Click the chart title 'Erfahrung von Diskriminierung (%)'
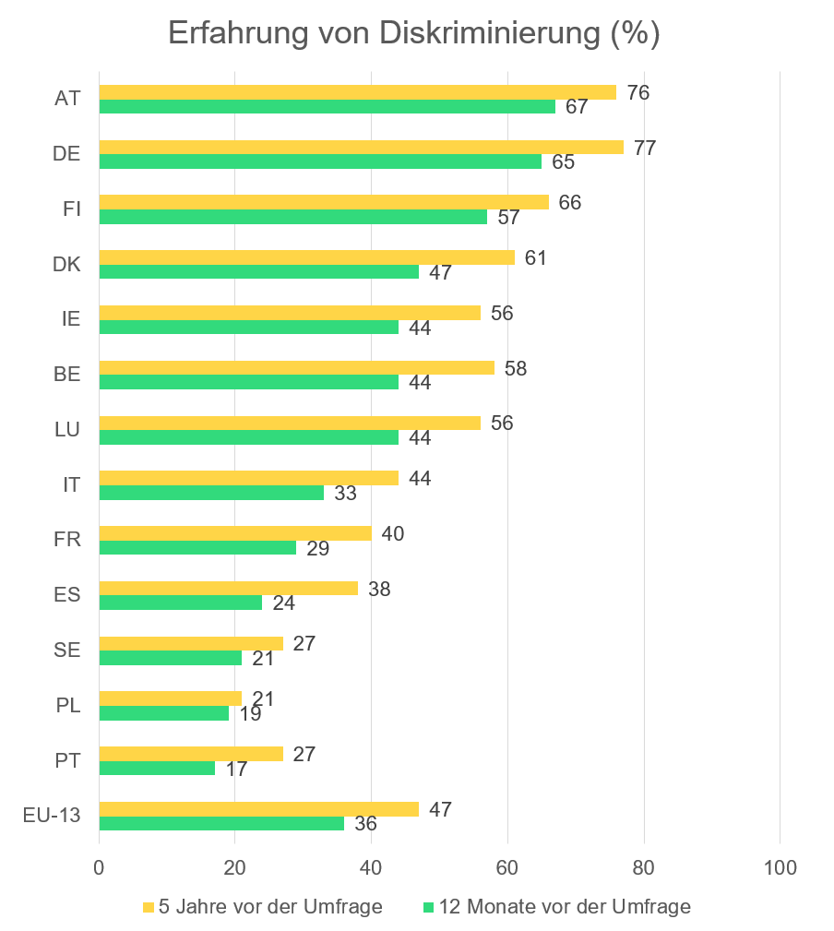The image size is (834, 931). (x=413, y=34)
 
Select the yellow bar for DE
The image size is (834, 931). (x=361, y=147)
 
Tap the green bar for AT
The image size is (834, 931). (x=327, y=106)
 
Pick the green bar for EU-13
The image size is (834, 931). (x=221, y=823)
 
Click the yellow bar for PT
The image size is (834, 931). (x=191, y=754)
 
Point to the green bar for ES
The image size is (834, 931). (x=180, y=603)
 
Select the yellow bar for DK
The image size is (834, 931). (x=306, y=257)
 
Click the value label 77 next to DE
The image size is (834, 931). (x=644, y=148)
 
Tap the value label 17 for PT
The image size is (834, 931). (x=236, y=769)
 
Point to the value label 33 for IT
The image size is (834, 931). (x=345, y=493)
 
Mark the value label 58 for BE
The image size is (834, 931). (x=517, y=368)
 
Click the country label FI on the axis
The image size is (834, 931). (x=71, y=209)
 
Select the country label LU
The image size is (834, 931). (x=67, y=429)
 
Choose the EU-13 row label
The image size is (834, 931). (x=52, y=816)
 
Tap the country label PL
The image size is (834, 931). (x=67, y=706)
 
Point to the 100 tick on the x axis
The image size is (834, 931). (x=780, y=868)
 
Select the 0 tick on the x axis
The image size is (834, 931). (x=99, y=868)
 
